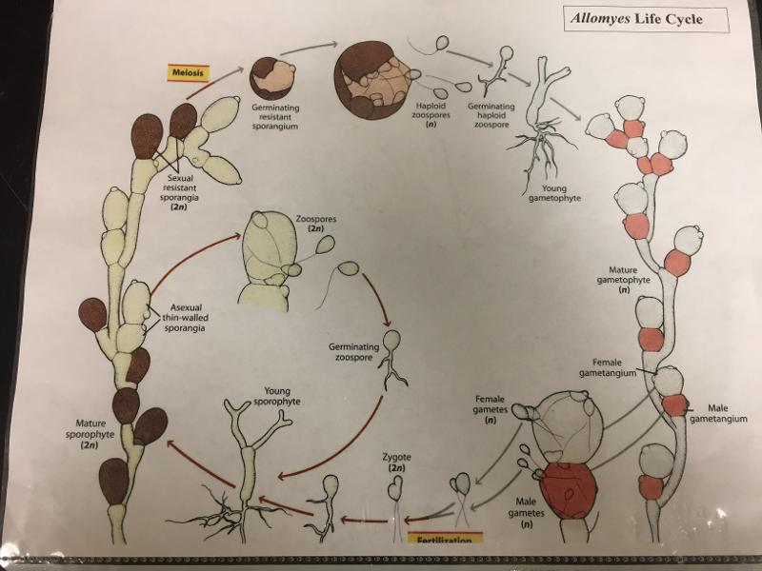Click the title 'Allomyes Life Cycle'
tap(636, 19)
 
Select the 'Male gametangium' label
tap(716, 414)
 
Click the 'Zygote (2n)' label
tap(397, 463)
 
